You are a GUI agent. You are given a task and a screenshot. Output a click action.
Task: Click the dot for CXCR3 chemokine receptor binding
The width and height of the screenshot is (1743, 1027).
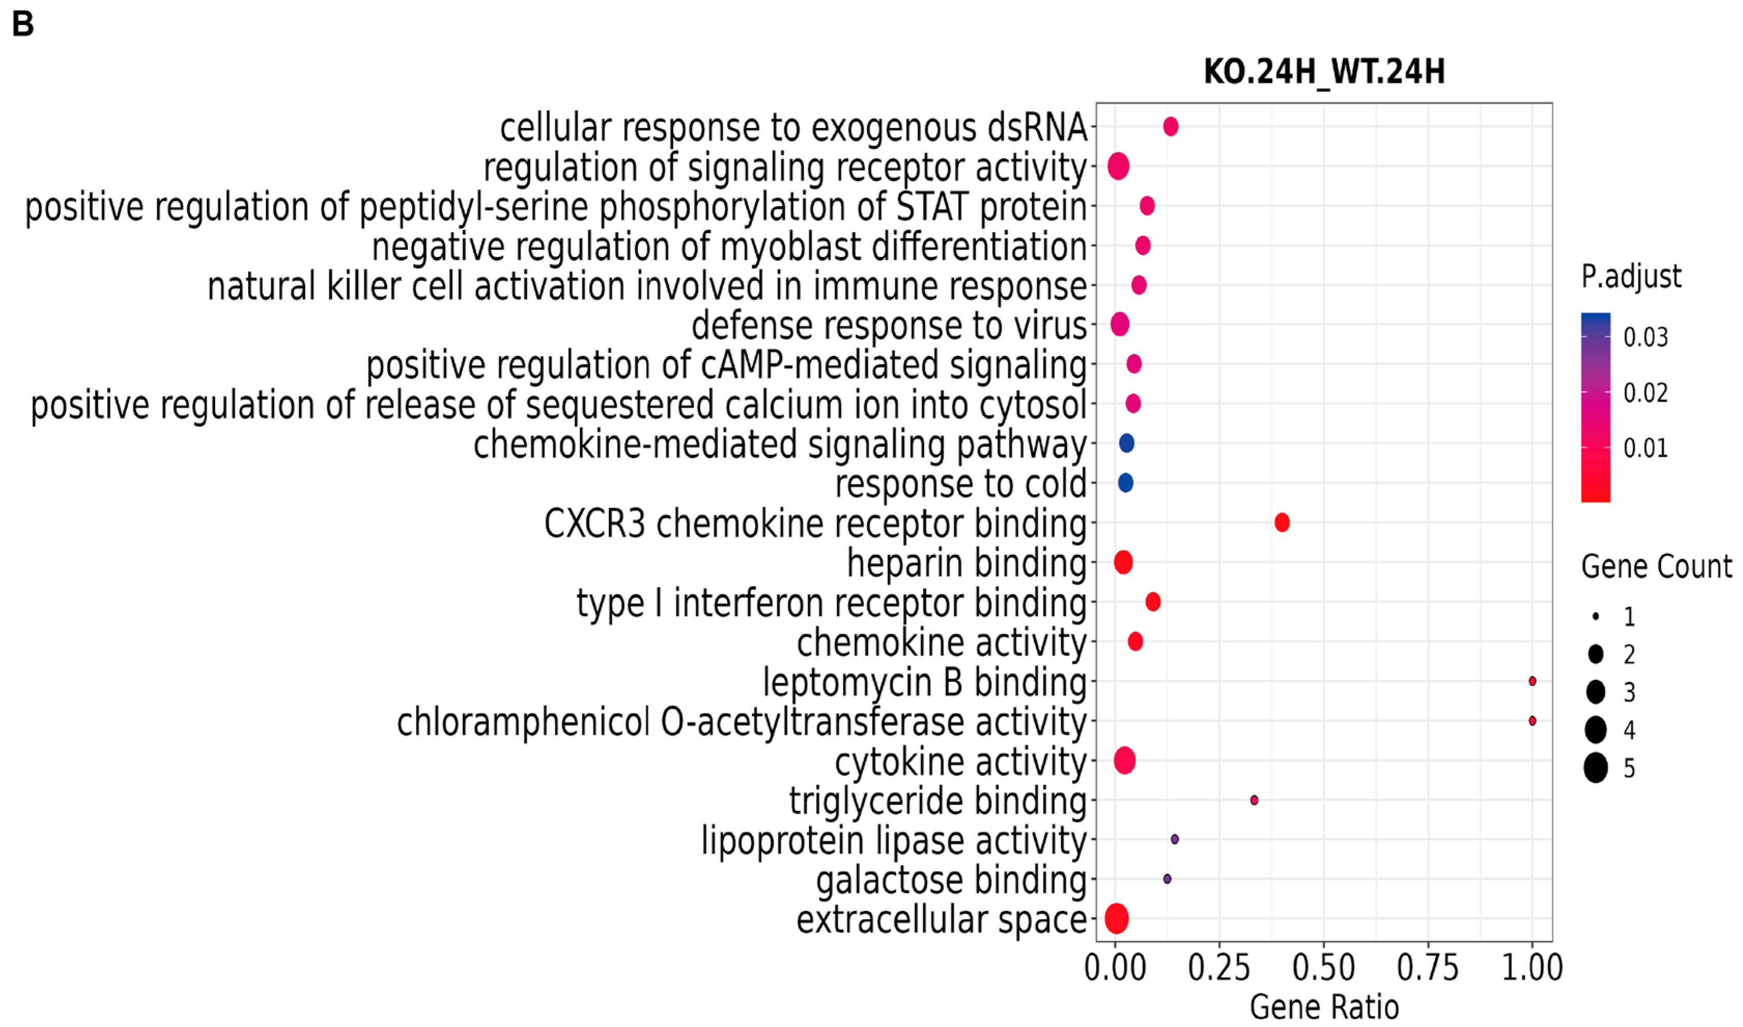pyautogui.click(x=1281, y=522)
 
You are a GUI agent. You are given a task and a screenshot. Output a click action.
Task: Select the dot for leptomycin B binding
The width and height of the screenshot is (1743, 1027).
pyautogui.click(x=1532, y=681)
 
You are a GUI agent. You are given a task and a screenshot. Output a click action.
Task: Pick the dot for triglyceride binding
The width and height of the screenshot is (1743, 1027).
pyautogui.click(x=1254, y=800)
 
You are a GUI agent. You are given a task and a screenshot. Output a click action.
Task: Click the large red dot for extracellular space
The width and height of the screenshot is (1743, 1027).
pyautogui.click(x=1116, y=918)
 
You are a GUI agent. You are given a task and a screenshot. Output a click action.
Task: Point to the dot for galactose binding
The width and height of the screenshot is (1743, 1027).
pyautogui.click(x=1167, y=879)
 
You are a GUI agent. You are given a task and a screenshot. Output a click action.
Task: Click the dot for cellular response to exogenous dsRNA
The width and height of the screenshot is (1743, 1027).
pyautogui.click(x=1170, y=126)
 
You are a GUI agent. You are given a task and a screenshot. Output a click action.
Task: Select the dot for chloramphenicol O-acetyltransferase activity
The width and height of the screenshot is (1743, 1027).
pyautogui.click(x=1532, y=720)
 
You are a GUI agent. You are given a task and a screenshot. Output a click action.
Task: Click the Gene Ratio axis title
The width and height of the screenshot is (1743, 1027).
pyautogui.click(x=1324, y=1007)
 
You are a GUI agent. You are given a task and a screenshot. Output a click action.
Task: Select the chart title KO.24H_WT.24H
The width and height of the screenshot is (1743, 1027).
pyautogui.click(x=1324, y=72)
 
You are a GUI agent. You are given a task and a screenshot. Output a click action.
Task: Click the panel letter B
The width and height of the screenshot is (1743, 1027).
pyautogui.click(x=23, y=24)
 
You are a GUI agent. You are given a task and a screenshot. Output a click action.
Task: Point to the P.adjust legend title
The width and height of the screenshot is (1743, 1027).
pyautogui.click(x=1631, y=276)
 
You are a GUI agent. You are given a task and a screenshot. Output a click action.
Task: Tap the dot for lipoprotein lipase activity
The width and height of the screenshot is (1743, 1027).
pyautogui.click(x=1174, y=839)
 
